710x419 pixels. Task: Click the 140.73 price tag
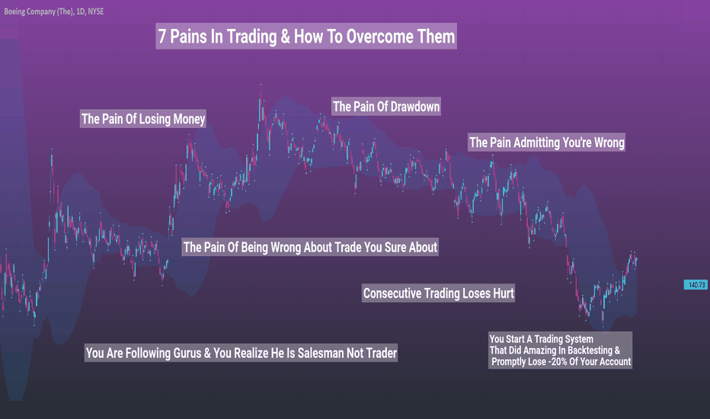696,285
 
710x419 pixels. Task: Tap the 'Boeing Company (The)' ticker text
39,11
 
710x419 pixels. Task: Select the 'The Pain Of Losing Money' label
143,119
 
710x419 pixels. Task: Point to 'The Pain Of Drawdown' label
386,107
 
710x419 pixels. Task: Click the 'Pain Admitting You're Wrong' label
546,142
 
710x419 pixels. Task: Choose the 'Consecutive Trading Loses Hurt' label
438,293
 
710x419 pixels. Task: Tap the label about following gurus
241,353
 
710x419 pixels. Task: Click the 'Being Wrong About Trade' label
310,247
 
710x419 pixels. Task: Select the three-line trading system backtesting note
560,350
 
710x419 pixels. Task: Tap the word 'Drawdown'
414,107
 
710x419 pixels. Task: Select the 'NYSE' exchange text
95,11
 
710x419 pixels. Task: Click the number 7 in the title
162,37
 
